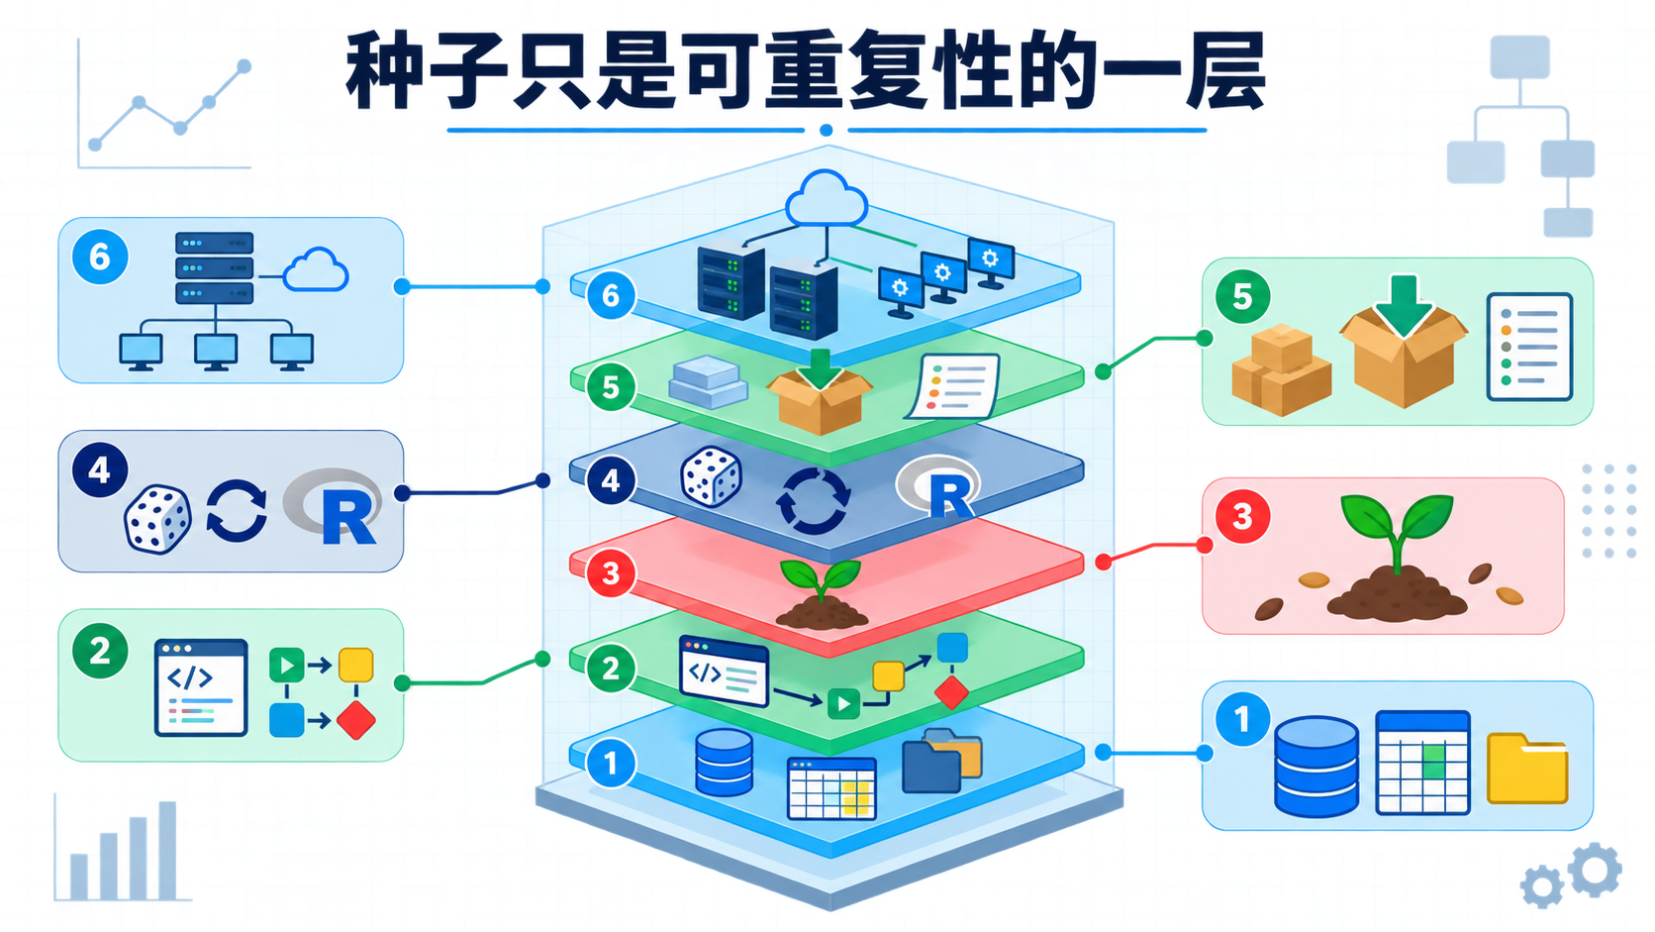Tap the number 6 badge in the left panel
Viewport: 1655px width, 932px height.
click(x=100, y=258)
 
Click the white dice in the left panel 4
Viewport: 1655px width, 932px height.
click(x=157, y=519)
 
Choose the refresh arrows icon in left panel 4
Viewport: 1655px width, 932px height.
click(x=237, y=511)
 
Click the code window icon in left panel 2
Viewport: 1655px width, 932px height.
click(x=201, y=688)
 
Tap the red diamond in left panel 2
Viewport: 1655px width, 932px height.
click(x=356, y=720)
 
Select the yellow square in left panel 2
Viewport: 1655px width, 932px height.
click(x=356, y=666)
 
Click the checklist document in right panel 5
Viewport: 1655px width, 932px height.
click(x=1529, y=347)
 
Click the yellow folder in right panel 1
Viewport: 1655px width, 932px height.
click(x=1527, y=768)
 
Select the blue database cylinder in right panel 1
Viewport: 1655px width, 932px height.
click(x=1316, y=767)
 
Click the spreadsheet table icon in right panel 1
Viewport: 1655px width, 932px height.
click(x=1422, y=763)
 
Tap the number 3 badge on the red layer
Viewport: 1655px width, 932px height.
click(x=611, y=572)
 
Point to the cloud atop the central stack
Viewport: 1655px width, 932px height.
click(x=827, y=198)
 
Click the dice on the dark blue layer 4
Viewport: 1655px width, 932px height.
click(x=711, y=476)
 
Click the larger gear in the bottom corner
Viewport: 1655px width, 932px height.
click(x=1596, y=870)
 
